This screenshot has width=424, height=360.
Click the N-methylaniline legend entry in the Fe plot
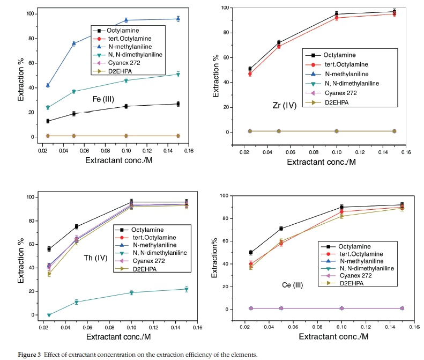(123, 46)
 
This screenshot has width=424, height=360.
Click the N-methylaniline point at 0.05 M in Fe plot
(74, 43)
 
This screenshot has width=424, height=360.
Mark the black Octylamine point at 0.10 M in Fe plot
(126, 106)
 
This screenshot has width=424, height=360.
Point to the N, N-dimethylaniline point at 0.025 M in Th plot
(49, 315)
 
